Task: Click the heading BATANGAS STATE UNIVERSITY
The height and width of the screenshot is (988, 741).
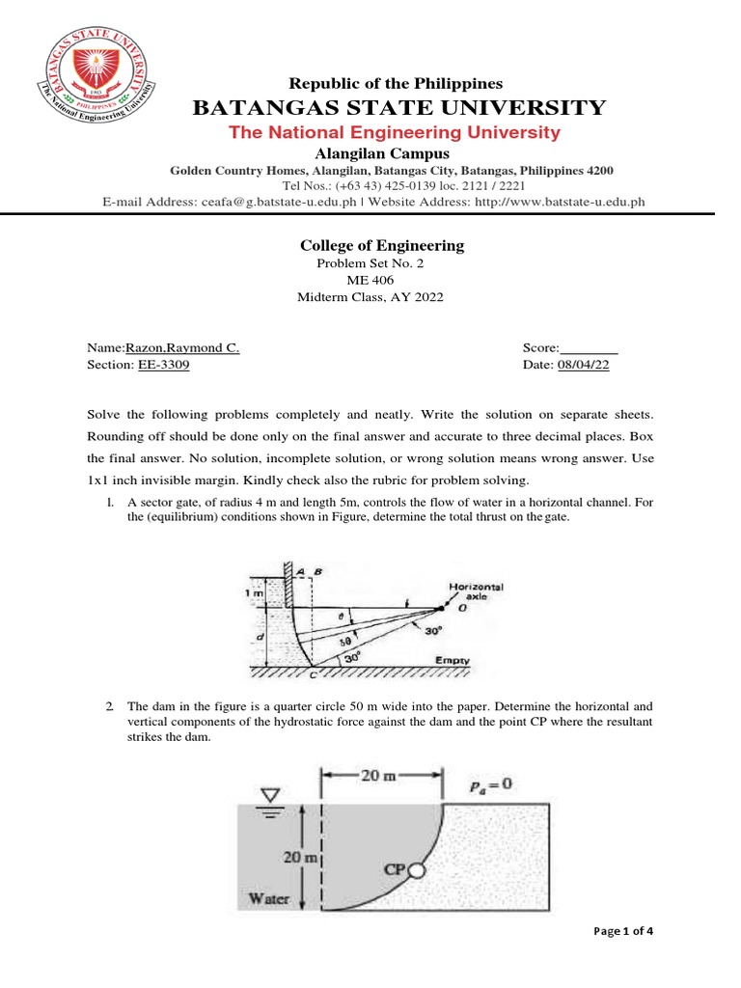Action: click(399, 107)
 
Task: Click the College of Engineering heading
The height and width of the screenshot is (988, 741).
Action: click(382, 246)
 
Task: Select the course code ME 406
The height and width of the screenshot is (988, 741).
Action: click(370, 281)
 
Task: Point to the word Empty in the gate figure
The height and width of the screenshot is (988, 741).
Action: click(451, 661)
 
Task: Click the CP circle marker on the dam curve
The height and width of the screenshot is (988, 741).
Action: click(416, 869)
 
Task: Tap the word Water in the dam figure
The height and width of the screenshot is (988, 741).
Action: click(269, 898)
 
